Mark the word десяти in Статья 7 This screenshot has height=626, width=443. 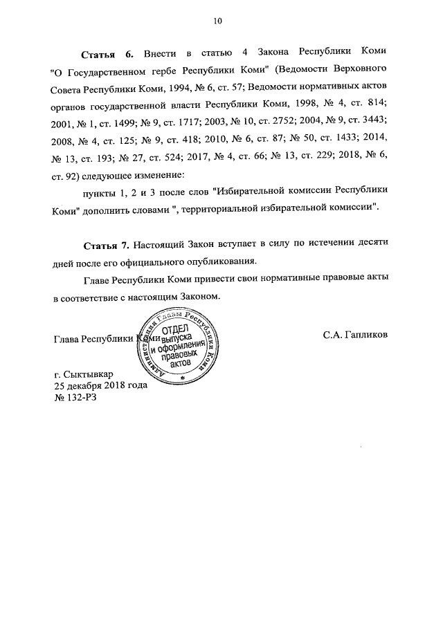click(x=370, y=246)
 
